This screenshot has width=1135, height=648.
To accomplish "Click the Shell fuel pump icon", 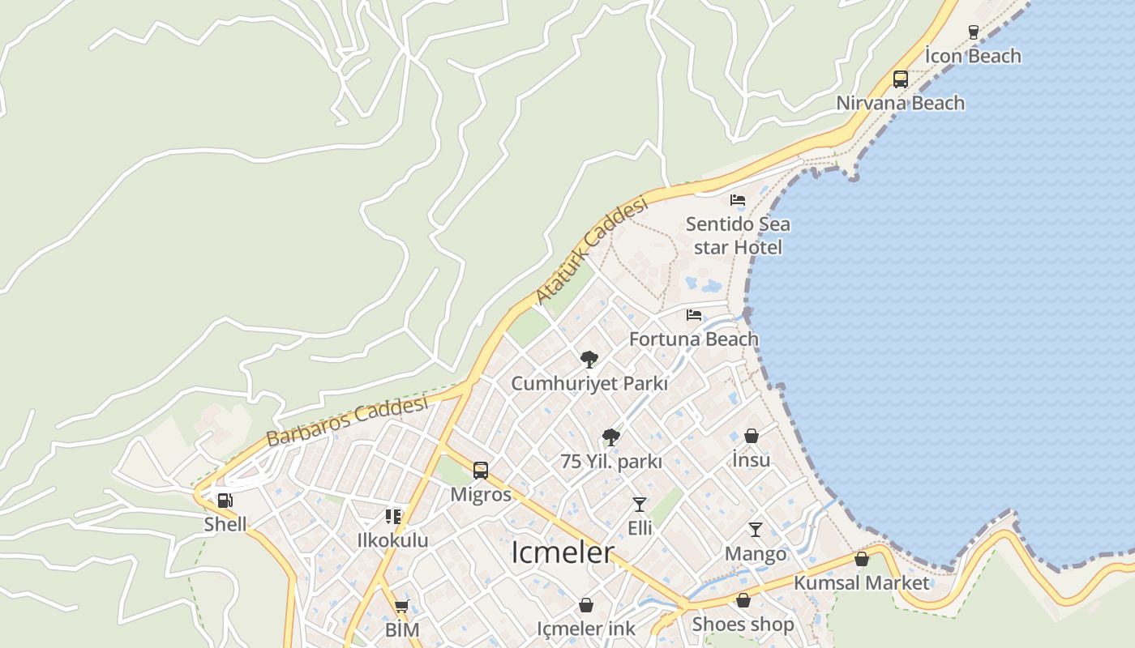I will point(225,501).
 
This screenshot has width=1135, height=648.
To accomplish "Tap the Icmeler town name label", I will point(563,552).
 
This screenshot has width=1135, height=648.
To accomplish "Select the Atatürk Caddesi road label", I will point(593,251).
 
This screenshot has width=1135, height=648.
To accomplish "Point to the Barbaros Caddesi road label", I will point(346,421).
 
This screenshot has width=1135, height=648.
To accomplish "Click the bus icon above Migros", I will point(481,471).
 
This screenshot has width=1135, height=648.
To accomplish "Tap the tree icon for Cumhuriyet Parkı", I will point(589,359).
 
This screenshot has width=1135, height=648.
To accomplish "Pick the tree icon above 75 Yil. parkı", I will point(611,437).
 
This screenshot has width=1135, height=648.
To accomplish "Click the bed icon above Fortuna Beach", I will point(694,315).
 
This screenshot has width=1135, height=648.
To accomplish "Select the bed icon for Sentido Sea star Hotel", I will point(738,199).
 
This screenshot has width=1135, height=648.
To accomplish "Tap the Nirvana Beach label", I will point(900,103).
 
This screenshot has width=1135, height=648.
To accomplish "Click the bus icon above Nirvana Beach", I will point(900,79).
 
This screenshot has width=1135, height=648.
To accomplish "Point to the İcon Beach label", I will point(973,56).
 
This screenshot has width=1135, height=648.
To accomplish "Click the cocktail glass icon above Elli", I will point(640,505).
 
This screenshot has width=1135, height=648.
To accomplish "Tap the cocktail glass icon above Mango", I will point(756,530).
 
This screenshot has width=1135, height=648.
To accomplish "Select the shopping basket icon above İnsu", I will point(752,436).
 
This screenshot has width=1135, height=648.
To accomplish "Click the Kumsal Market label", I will point(861,583).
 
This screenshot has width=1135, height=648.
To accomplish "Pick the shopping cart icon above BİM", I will point(401,606).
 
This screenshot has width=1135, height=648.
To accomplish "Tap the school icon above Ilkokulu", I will point(393,516).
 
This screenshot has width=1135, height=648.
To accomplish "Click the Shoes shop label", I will point(743,625).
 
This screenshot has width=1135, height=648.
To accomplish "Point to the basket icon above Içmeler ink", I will point(586,605).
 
